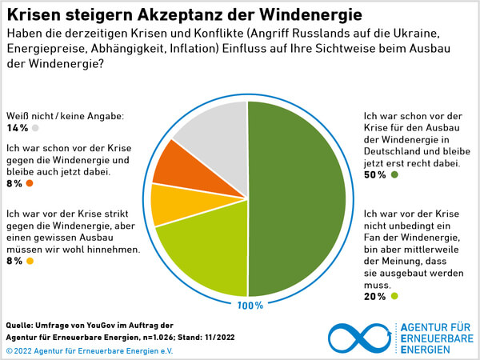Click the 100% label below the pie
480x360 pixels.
248,306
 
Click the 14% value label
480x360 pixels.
17,128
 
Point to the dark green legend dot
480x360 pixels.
394,174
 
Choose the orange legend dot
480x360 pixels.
30,184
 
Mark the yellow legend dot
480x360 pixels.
30,261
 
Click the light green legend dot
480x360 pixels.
394,297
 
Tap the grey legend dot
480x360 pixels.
36,128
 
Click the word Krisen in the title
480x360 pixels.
37,14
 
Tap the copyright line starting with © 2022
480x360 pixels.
88,351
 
